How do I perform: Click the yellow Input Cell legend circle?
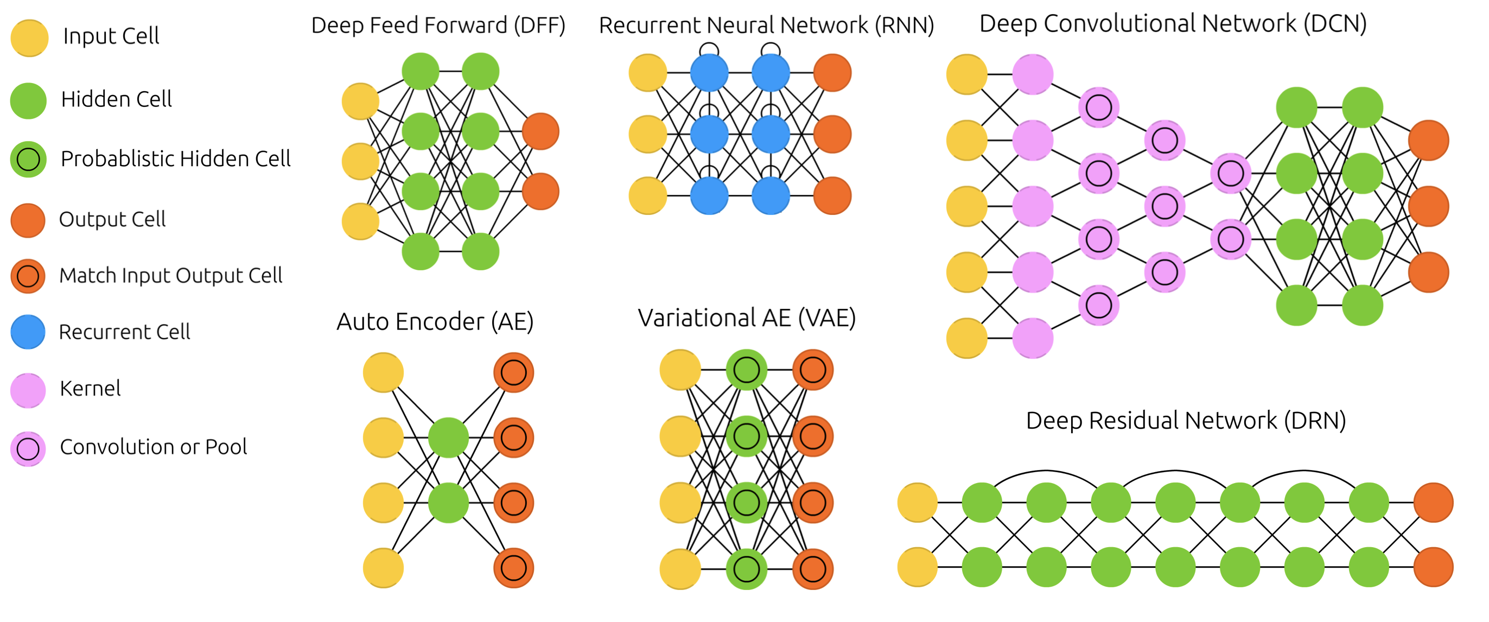point(29,38)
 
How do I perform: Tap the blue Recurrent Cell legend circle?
point(28,332)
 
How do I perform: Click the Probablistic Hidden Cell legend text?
point(175,159)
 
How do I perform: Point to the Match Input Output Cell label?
point(170,276)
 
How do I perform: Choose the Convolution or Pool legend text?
point(153,447)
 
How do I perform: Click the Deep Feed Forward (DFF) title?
point(438,26)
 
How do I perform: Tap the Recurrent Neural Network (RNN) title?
point(766,26)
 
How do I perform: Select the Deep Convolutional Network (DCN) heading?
point(1173,24)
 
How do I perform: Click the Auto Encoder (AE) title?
point(435,321)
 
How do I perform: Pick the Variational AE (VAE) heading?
point(746,318)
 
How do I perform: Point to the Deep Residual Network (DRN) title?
point(1186,420)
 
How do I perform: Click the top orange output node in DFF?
point(540,131)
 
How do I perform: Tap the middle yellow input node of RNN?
point(647,134)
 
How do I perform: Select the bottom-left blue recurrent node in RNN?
point(709,195)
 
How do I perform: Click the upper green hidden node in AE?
point(449,437)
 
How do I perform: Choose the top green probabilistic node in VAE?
point(746,370)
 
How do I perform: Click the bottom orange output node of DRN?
point(1433,567)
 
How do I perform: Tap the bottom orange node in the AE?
point(513,568)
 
